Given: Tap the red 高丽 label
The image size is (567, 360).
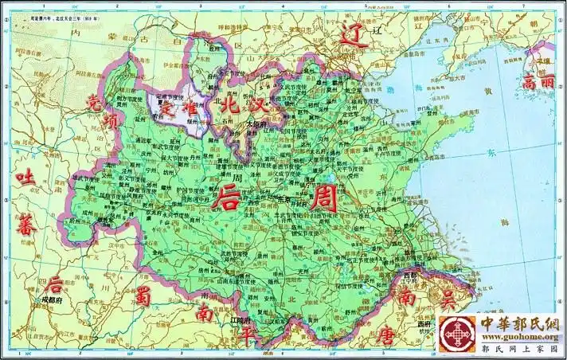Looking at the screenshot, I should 539,81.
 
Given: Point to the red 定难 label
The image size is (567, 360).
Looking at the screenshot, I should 181,109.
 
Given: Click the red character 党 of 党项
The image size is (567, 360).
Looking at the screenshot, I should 95,104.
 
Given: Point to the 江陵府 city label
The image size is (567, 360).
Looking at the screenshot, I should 240,320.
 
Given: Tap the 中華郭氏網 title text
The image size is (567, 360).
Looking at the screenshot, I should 518,323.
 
